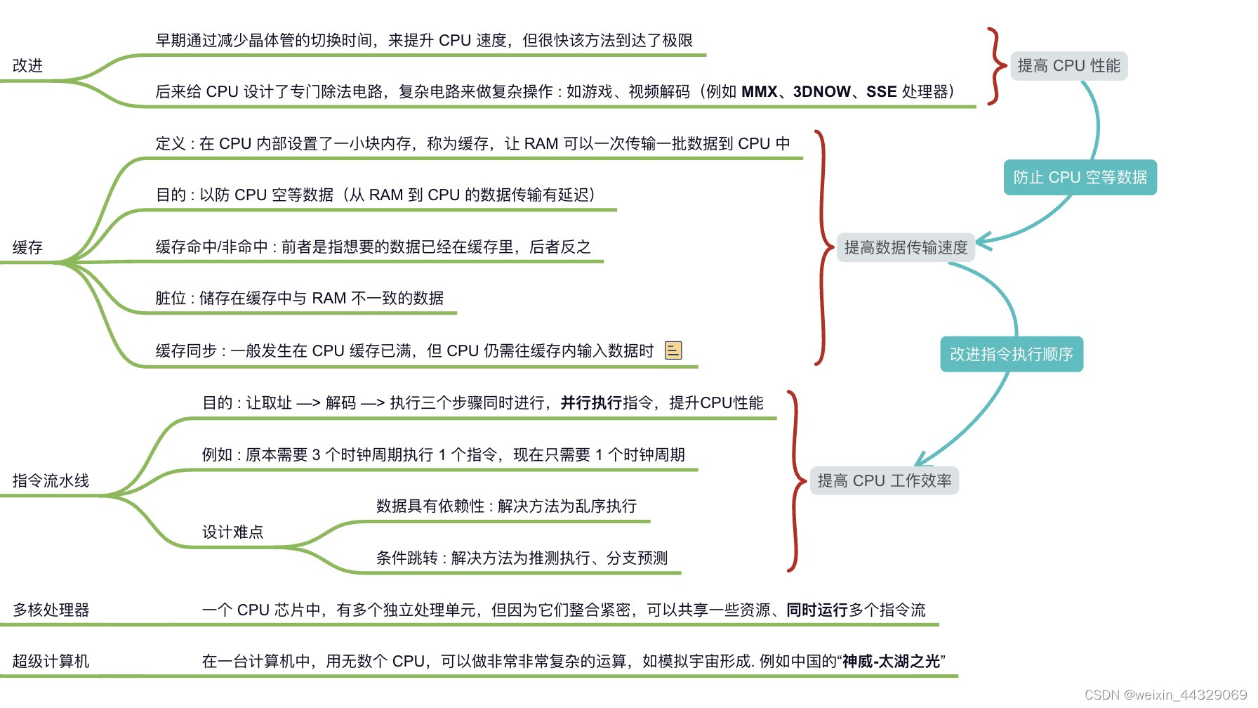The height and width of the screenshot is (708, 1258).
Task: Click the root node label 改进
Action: tap(28, 65)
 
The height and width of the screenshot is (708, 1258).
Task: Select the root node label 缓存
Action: tap(28, 247)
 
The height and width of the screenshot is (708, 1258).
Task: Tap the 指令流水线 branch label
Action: tap(51, 480)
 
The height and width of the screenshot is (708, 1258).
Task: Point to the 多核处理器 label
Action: tap(51, 610)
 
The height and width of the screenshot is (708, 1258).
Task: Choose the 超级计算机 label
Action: tap(51, 661)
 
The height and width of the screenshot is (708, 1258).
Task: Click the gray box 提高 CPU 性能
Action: tap(1068, 66)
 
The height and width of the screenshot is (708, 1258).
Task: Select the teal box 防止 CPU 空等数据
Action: tap(1080, 177)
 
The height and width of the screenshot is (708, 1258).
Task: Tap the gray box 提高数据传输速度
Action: tap(906, 247)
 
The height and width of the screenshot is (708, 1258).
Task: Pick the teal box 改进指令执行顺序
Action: tap(1011, 354)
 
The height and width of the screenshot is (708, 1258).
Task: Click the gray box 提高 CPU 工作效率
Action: tap(885, 480)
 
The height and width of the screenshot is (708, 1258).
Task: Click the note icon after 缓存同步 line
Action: tap(673, 350)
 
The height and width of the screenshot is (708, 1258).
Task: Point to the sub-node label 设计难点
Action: tap(232, 532)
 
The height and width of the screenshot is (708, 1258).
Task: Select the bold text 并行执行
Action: tap(591, 402)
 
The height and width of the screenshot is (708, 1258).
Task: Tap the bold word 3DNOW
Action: tap(821, 91)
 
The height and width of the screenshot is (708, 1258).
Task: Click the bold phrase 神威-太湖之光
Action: tap(892, 661)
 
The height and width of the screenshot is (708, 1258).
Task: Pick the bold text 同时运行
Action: tap(816, 610)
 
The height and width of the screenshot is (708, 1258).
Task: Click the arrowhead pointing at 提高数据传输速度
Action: tap(982, 242)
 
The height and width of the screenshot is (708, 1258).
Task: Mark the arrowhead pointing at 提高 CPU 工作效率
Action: tap(922, 460)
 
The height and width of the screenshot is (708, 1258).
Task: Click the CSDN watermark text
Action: tap(1165, 695)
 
